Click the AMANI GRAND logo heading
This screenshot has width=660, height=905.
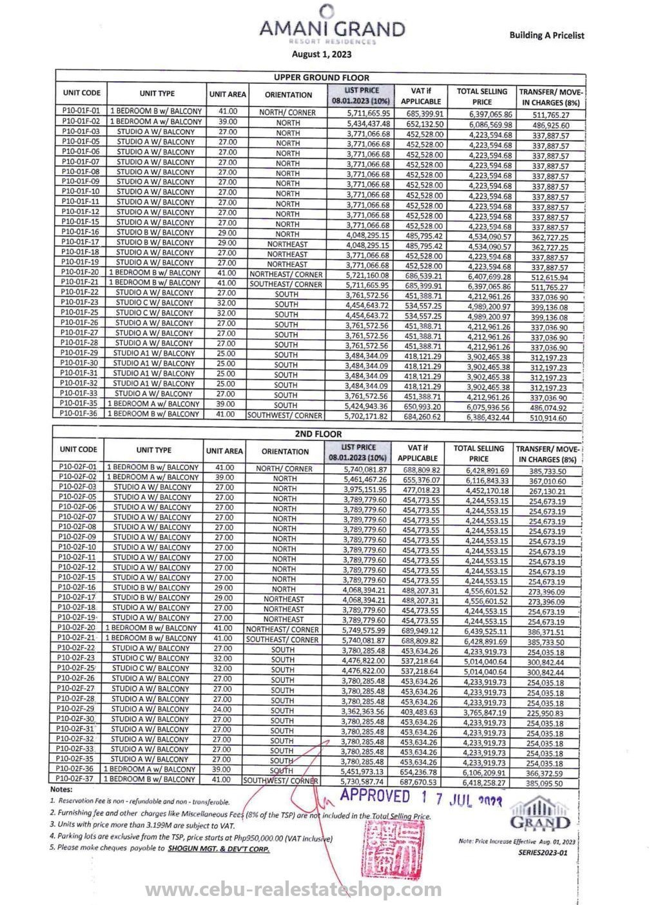332,29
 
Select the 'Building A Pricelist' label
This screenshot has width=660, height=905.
547,35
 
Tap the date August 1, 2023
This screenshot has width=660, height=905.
316,55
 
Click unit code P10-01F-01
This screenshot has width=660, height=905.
81,111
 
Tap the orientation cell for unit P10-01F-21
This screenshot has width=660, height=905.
286,284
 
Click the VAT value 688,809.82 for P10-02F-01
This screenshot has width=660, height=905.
420,470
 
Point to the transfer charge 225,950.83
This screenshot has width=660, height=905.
545,713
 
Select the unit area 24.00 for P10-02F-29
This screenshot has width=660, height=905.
222,708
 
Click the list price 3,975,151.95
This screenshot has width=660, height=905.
365,489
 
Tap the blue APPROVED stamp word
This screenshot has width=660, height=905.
374,797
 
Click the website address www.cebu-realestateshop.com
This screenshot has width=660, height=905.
293,890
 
